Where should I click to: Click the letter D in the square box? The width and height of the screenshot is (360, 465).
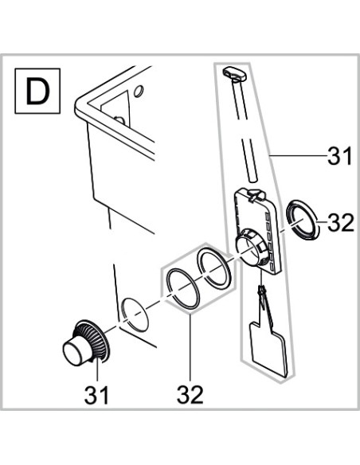(37, 91)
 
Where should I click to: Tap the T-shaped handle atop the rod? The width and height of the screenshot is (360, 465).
(235, 73)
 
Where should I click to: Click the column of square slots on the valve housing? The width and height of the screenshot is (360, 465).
(270, 238)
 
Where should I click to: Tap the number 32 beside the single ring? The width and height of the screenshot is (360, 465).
(341, 223)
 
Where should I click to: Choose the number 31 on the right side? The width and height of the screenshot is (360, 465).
(340, 156)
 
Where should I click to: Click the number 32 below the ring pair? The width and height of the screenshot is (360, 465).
(190, 394)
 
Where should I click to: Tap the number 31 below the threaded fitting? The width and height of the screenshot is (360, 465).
(96, 395)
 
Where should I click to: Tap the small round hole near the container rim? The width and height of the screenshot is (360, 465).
(139, 91)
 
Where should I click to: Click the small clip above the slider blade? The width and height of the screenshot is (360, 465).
(262, 292)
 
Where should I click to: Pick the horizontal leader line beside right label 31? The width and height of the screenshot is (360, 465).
(298, 155)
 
